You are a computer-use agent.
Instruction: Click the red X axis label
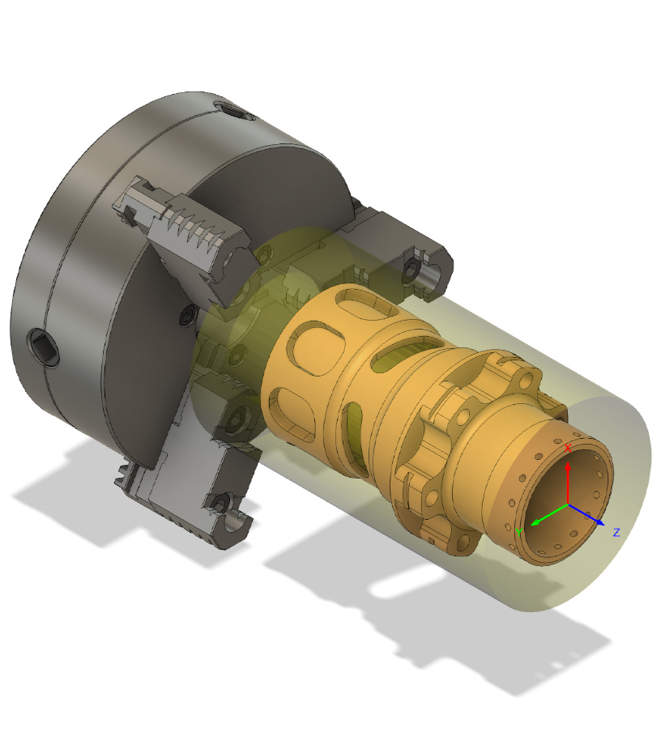pos(568,448)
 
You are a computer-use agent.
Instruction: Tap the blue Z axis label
pos(616,532)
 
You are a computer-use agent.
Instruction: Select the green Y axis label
pos(518,533)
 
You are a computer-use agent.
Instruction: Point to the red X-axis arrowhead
pos(568,466)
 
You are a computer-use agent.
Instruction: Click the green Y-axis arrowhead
pos(535,522)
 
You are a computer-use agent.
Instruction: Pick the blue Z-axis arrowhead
pos(599,521)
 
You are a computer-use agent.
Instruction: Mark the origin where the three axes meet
pos(568,504)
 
